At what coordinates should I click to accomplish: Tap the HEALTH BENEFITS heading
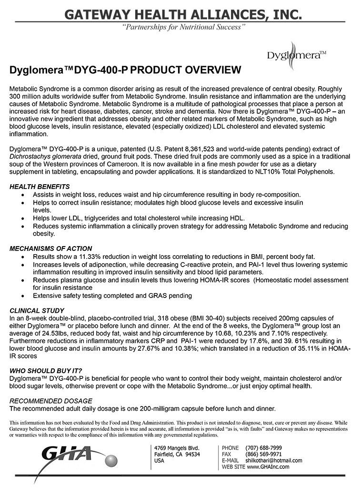pyautogui.click(x=40, y=187)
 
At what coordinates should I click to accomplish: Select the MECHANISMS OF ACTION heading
pyautogui.click(x=51, y=248)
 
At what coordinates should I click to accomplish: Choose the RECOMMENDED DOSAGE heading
pyautogui.click(x=51, y=401)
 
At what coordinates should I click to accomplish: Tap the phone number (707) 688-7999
pyautogui.click(x=263, y=448)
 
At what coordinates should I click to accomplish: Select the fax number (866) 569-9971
pyautogui.click(x=263, y=454)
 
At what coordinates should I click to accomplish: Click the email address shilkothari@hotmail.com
pyautogui.click(x=273, y=460)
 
